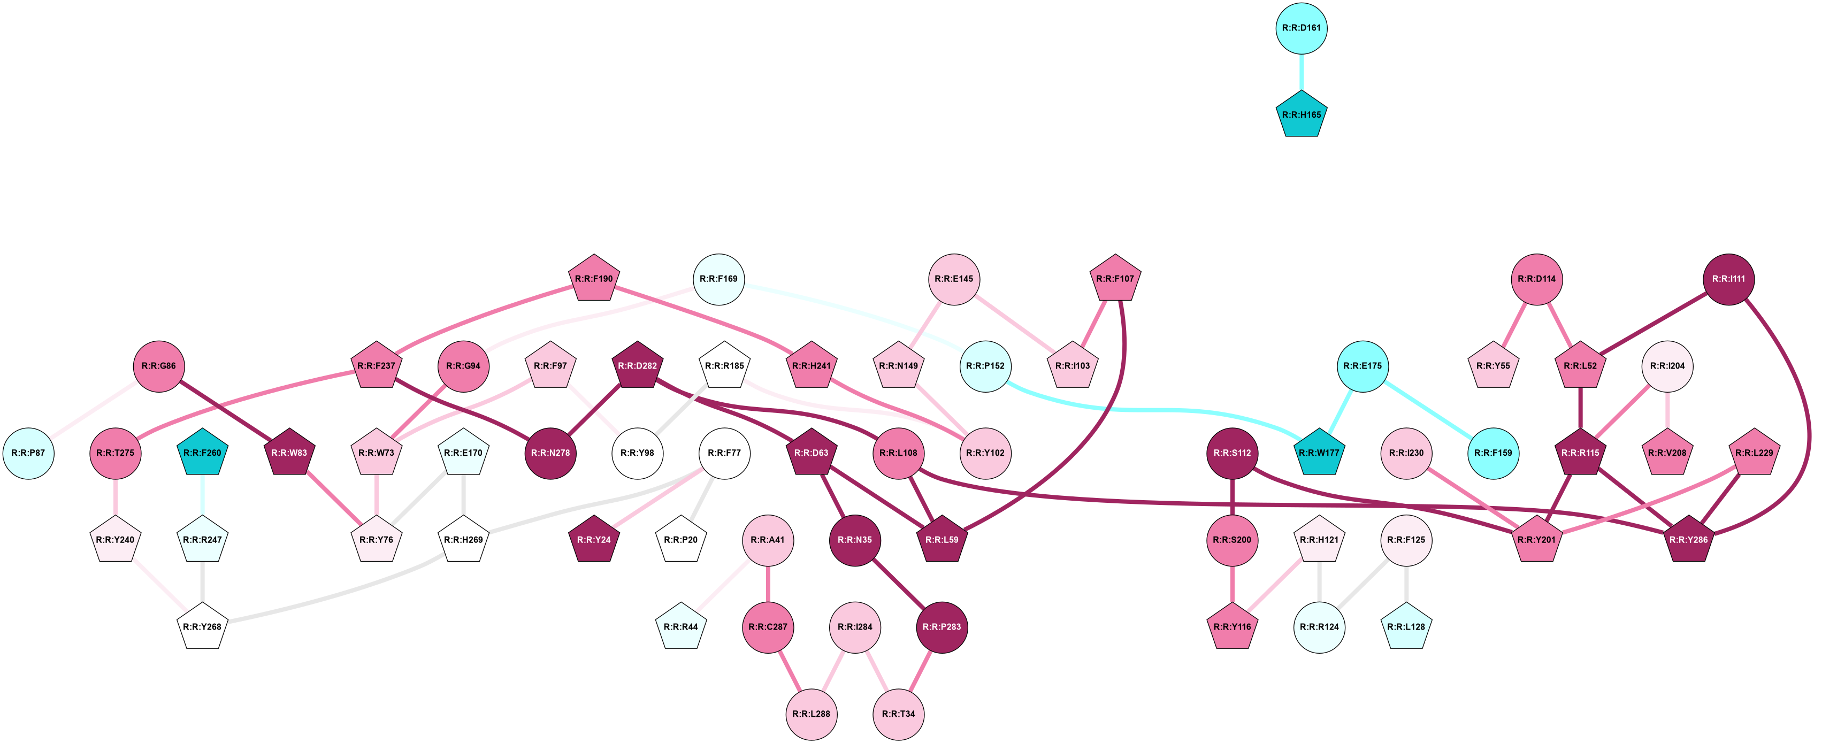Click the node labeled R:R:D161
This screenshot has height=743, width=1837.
1301,28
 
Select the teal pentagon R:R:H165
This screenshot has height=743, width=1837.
1301,115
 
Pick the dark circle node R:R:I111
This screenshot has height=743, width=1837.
1728,279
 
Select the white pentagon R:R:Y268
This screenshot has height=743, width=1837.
203,627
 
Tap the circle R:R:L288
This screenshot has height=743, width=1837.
812,714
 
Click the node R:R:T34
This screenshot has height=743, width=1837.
899,714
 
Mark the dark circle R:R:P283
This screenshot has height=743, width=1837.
942,627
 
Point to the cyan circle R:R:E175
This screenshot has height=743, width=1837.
1362,366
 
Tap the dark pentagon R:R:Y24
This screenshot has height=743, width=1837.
594,540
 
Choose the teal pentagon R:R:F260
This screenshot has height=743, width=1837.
203,453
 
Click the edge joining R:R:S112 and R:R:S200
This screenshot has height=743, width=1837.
1233,496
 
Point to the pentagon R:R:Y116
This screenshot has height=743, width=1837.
1233,627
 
